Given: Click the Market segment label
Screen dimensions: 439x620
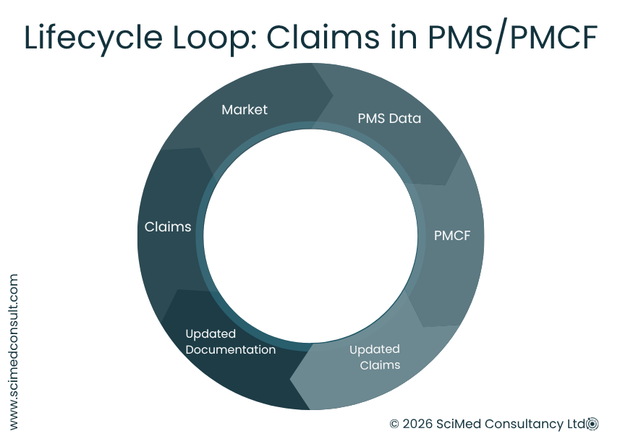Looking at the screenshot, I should pyautogui.click(x=245, y=110).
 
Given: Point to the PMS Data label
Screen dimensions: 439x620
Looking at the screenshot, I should pyautogui.click(x=389, y=118).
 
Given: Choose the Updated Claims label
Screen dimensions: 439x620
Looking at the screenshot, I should pyautogui.click(x=375, y=357).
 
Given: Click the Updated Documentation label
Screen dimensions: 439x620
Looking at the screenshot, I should pyautogui.click(x=230, y=341).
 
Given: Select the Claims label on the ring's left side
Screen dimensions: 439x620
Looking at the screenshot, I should pyautogui.click(x=168, y=227).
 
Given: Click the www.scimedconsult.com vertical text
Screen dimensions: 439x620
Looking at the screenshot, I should pyautogui.click(x=14, y=351).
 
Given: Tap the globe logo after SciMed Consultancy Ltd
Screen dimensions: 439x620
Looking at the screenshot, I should pyautogui.click(x=593, y=424).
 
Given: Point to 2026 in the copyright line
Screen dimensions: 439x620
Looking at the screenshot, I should pyautogui.click(x=418, y=424).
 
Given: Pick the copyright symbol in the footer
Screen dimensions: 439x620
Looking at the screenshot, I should pyautogui.click(x=394, y=425).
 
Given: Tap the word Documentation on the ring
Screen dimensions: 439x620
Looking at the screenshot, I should pyautogui.click(x=230, y=350).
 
